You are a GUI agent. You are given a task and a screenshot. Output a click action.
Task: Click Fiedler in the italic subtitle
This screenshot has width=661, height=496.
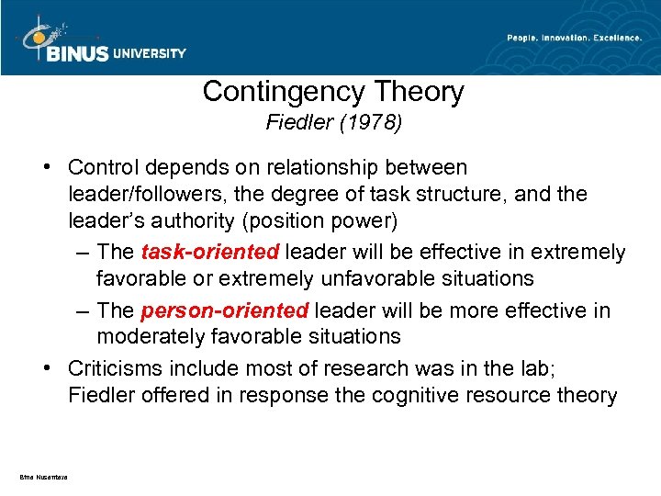296,122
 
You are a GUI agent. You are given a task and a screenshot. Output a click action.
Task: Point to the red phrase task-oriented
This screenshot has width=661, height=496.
210,252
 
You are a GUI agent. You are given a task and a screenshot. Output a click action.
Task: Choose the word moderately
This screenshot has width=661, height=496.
153,336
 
